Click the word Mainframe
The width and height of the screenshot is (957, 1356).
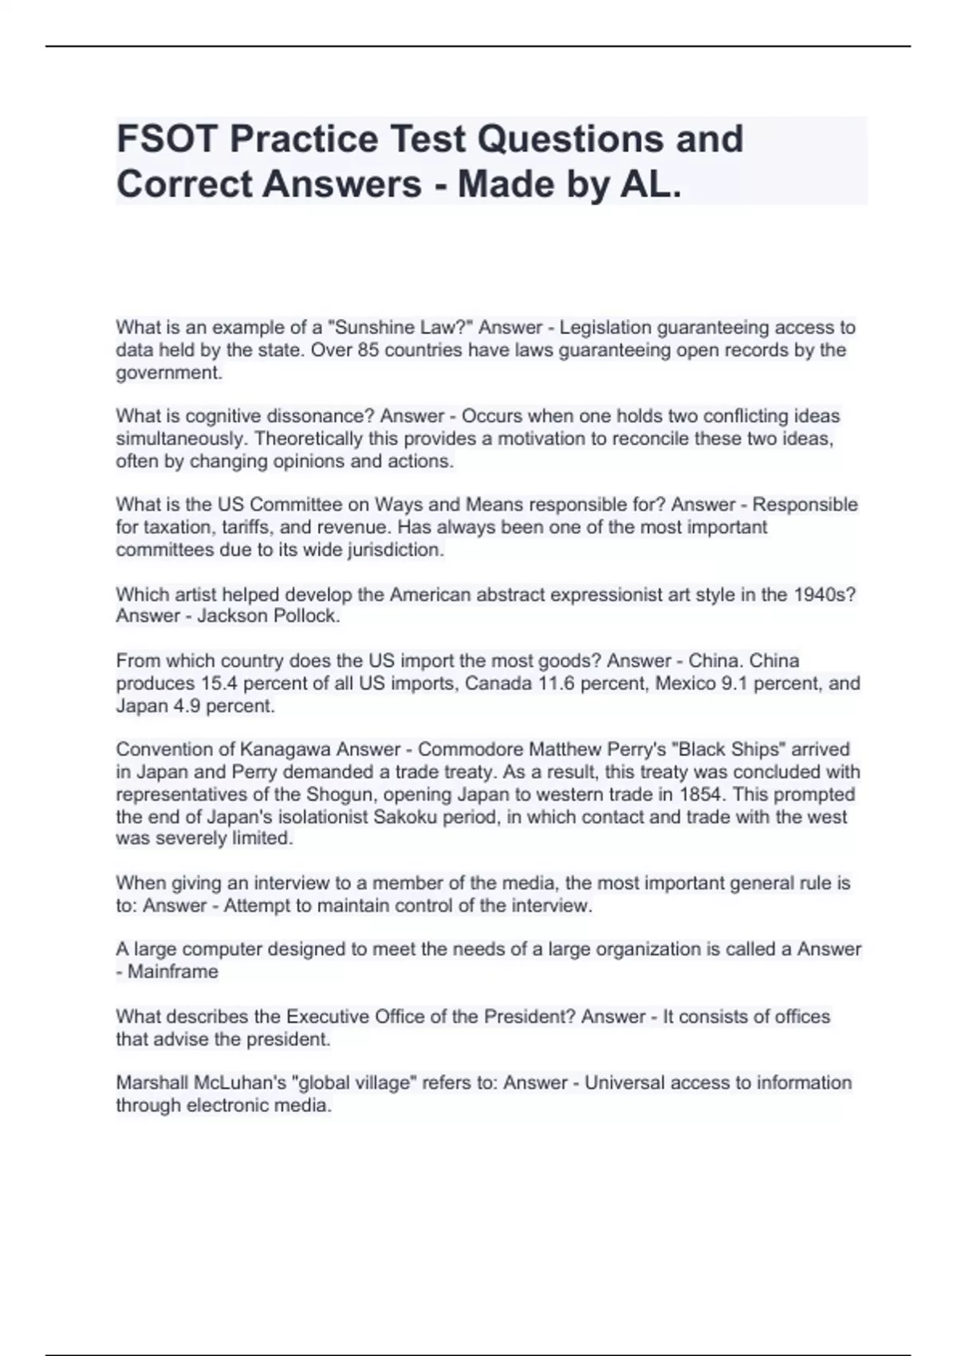[x=173, y=972]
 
